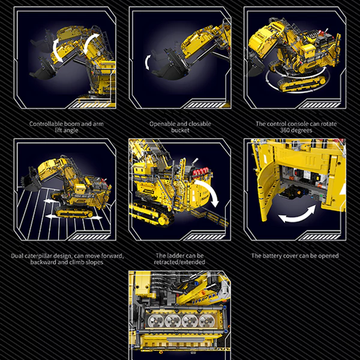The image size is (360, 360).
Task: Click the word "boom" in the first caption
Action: [72, 124]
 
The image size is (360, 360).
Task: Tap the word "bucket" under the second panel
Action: [180, 130]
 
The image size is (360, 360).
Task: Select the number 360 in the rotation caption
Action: [286, 130]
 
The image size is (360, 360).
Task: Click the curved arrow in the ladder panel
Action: [208, 193]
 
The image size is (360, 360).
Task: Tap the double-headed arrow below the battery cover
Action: [297, 214]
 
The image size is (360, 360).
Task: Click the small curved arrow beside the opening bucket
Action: [148, 62]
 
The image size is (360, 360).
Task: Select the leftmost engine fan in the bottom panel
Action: [155, 320]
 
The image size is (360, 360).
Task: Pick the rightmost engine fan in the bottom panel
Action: [206, 320]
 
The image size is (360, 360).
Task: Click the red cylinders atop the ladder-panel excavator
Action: [201, 172]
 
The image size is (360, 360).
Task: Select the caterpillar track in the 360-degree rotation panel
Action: [302, 83]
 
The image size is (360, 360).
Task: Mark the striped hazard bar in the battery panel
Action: [320, 237]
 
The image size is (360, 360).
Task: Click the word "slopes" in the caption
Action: [94, 262]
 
